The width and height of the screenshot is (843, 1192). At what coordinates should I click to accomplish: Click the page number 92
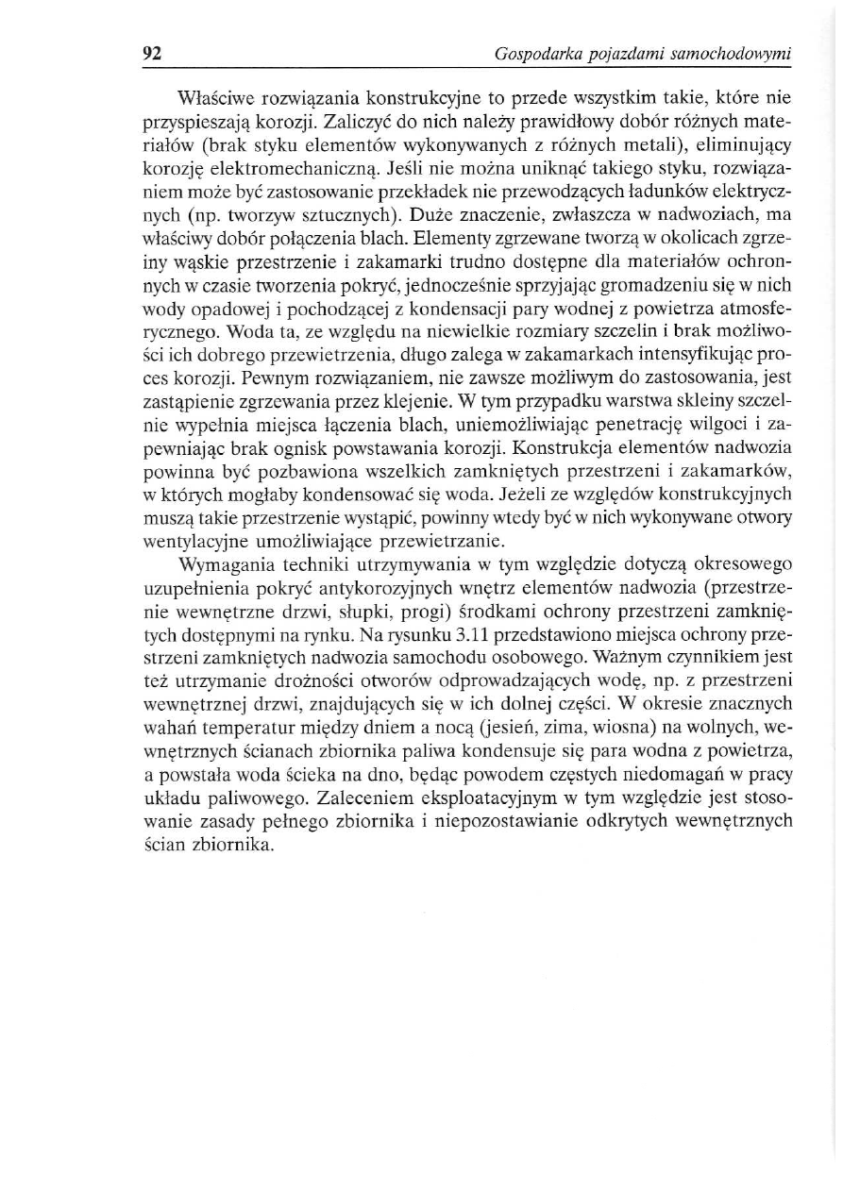coord(152,54)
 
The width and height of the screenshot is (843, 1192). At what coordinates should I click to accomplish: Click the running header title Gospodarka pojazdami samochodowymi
coord(643,55)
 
